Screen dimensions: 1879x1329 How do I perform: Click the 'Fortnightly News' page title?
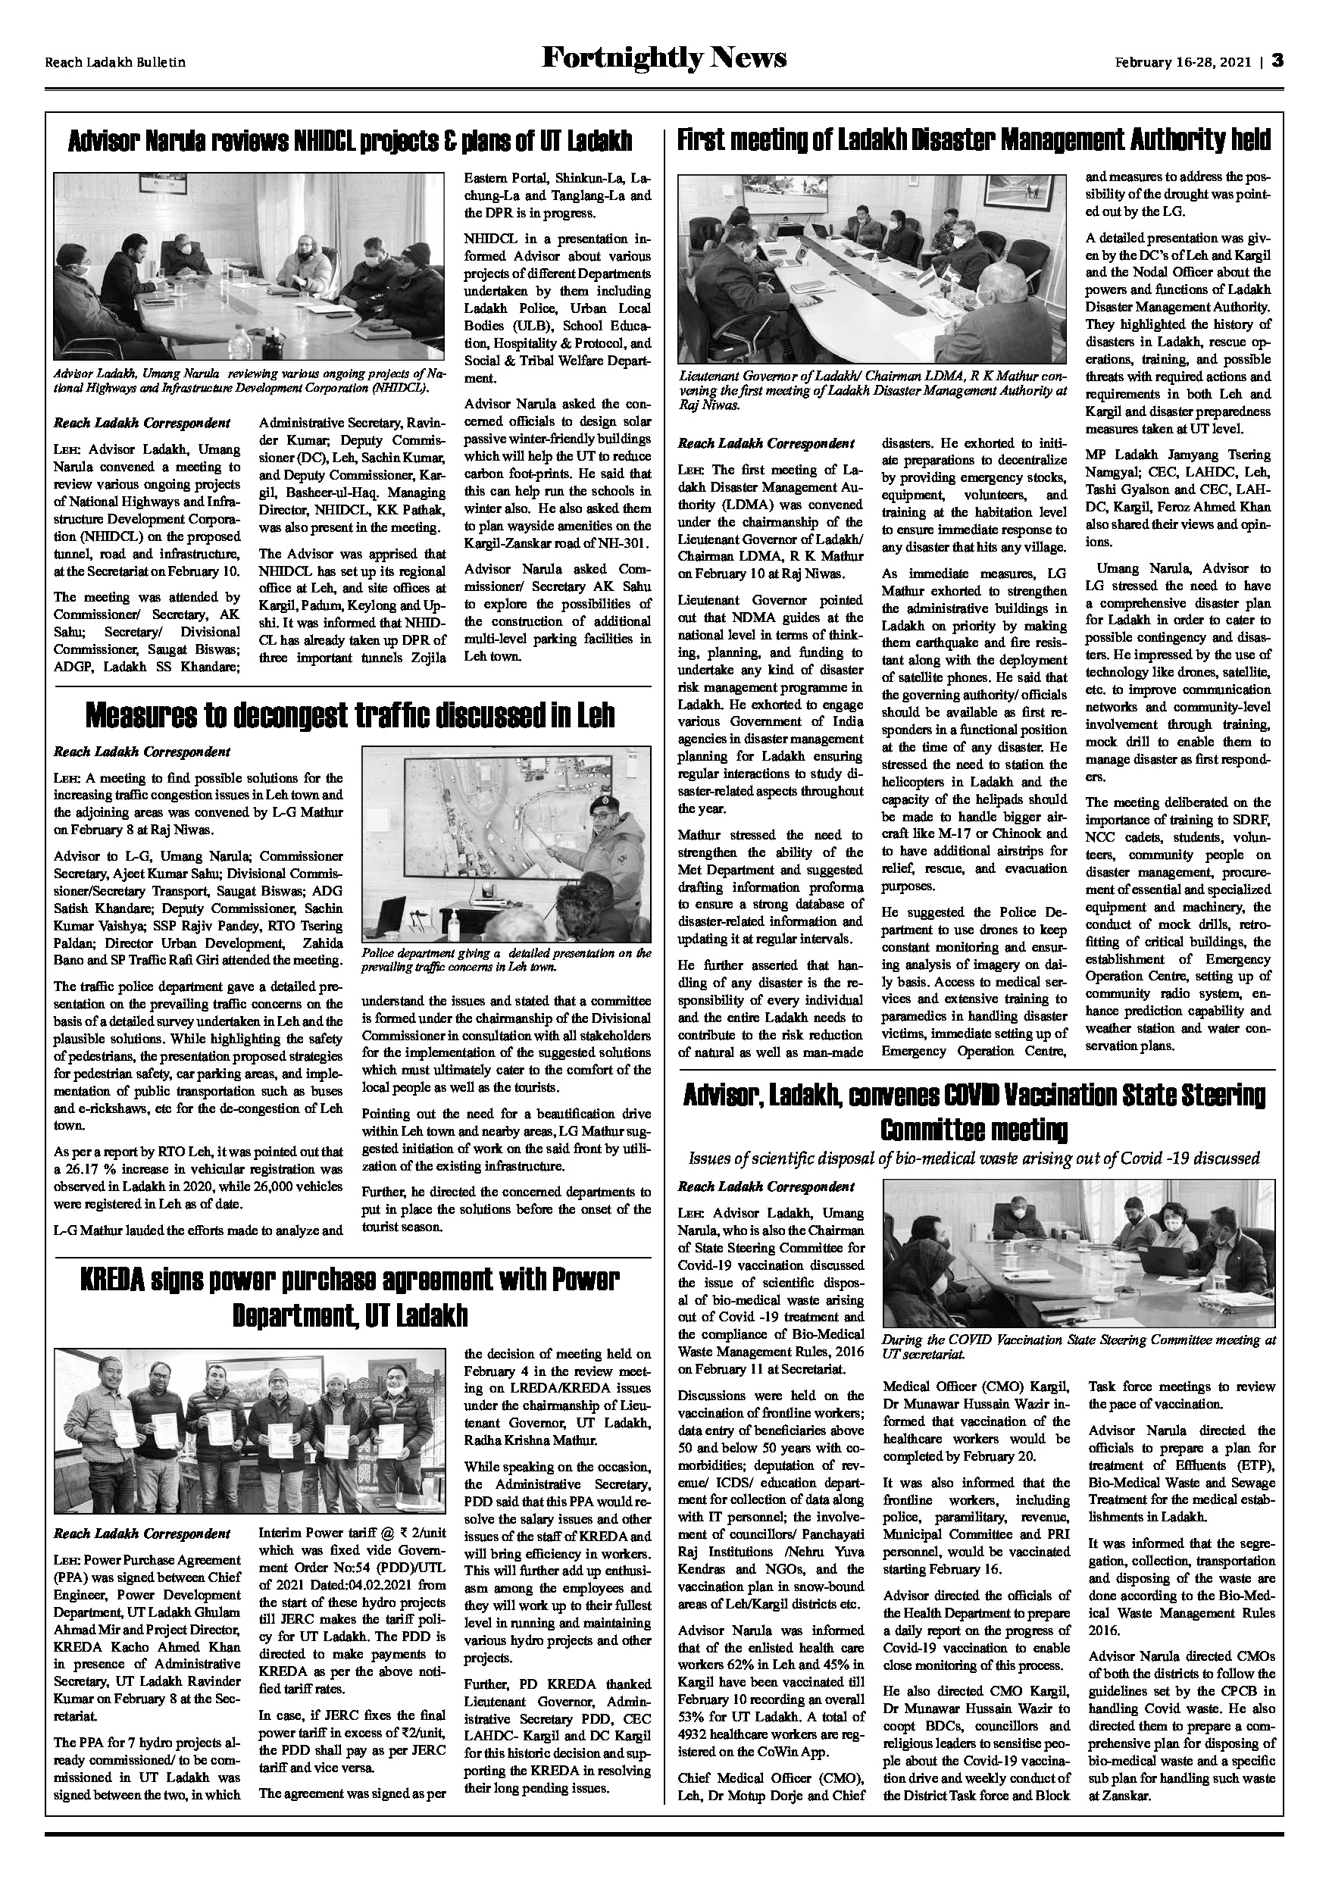[664, 59]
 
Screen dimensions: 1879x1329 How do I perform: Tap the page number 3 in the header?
[1277, 61]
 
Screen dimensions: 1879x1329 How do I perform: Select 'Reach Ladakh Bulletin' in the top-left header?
[114, 62]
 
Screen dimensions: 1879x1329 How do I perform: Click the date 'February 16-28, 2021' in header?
[1183, 61]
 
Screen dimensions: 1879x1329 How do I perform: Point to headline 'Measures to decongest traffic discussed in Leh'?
[349, 717]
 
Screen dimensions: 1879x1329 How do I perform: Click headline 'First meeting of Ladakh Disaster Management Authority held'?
[974, 140]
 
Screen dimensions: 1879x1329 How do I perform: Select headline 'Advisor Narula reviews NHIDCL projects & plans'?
[349, 140]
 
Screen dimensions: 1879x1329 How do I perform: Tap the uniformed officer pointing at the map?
[610, 868]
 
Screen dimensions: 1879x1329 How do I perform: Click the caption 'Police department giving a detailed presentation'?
[505, 959]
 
